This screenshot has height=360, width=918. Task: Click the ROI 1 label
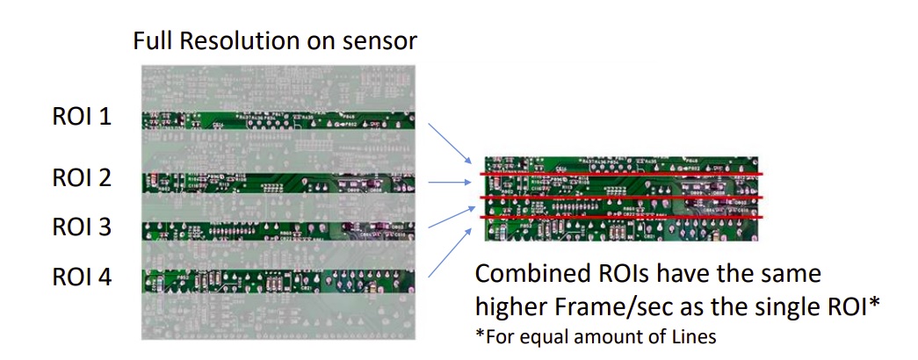[x=81, y=116]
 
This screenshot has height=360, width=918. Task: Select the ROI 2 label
[x=81, y=178]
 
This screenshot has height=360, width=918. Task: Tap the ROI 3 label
[x=81, y=227]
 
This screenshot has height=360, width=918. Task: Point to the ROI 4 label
[x=81, y=277]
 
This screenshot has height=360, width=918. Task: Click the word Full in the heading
[x=150, y=40]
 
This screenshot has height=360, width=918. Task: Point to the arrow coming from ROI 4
[x=452, y=256]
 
